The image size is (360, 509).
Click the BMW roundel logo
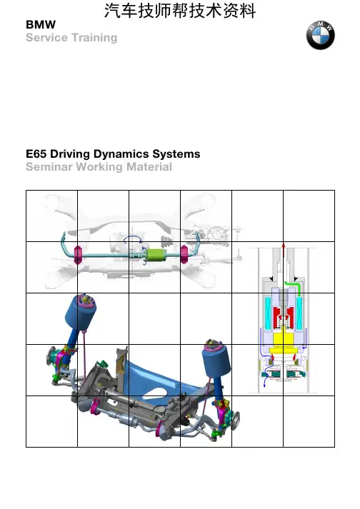click(x=321, y=35)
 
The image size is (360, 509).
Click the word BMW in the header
click(x=41, y=25)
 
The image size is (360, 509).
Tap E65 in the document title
click(x=36, y=154)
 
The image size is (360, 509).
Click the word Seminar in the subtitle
click(x=49, y=167)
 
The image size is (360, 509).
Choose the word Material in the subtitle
click(x=149, y=167)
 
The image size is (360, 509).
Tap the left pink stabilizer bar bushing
click(x=79, y=255)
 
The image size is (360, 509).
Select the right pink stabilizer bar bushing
click(x=184, y=255)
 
